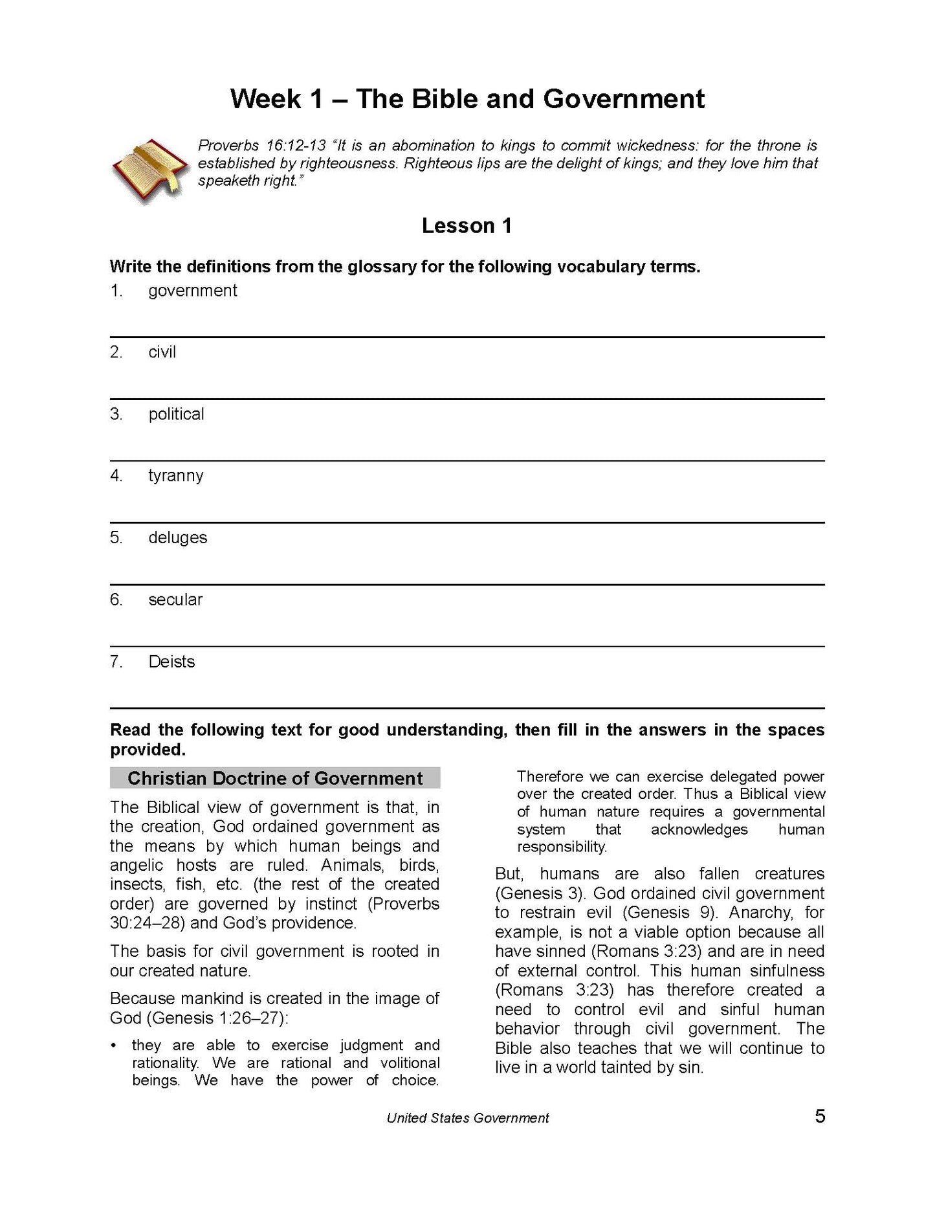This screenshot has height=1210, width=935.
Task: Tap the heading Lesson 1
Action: pyautogui.click(x=467, y=225)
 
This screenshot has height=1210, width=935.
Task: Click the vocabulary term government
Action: pyautogui.click(x=192, y=291)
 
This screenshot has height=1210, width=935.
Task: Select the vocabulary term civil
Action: pyautogui.click(x=162, y=352)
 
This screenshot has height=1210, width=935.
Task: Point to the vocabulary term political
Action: pyautogui.click(x=176, y=414)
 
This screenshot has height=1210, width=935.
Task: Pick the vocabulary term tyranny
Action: pyautogui.click(x=175, y=476)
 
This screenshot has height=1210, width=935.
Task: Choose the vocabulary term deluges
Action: pyautogui.click(x=177, y=538)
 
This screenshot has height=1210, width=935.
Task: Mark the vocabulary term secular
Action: pyautogui.click(x=175, y=600)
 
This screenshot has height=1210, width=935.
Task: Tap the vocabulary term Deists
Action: pyautogui.click(x=171, y=662)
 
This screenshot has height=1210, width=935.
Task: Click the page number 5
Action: pyautogui.click(x=820, y=1116)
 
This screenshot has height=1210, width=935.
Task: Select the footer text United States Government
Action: pyautogui.click(x=467, y=1117)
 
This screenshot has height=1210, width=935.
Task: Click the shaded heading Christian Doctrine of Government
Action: pyautogui.click(x=275, y=778)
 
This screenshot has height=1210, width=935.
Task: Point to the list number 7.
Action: pyautogui.click(x=116, y=662)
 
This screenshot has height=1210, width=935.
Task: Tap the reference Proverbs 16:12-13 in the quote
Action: pyautogui.click(x=261, y=146)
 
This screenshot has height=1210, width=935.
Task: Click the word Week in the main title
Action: pyautogui.click(x=266, y=99)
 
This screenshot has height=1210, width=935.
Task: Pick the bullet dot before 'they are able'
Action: pyautogui.click(x=114, y=1046)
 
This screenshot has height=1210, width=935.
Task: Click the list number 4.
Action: pyautogui.click(x=116, y=476)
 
